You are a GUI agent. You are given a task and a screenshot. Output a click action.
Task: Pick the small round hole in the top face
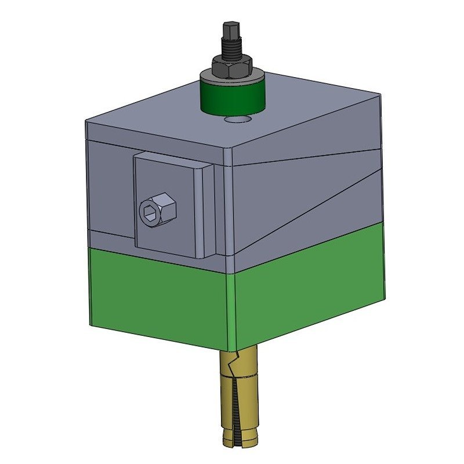click(238, 119)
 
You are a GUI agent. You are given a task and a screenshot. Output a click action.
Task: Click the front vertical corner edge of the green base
click(235, 313)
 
